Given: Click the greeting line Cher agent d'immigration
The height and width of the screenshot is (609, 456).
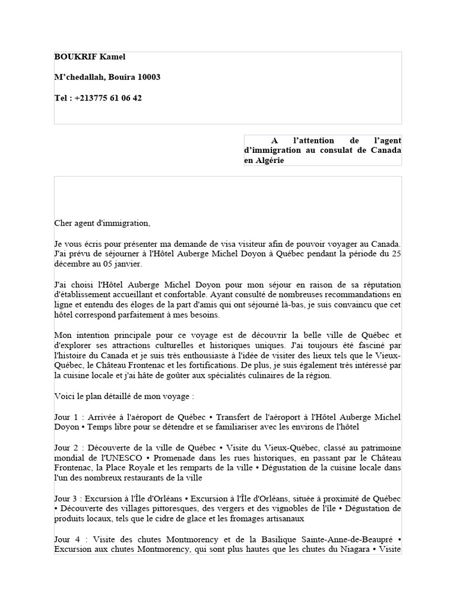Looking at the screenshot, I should [102, 224].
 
